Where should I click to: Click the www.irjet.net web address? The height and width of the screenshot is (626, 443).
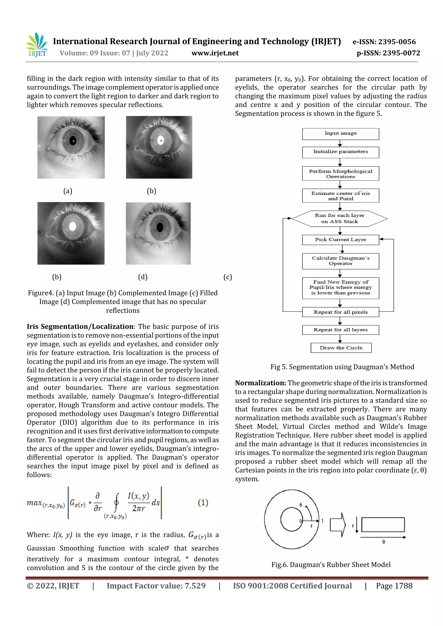coord(215,53)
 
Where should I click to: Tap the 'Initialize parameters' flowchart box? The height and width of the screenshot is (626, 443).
coord(340,152)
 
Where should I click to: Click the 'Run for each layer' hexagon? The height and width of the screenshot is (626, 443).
coord(340,218)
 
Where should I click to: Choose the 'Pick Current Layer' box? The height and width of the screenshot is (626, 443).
coord(340,240)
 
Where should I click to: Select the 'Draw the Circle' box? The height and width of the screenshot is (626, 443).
coord(341,348)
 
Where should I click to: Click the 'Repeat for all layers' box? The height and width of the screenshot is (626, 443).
coord(340,330)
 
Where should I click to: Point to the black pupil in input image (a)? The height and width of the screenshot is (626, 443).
coord(73,141)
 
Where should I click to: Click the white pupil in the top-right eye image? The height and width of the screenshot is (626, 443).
coord(161,140)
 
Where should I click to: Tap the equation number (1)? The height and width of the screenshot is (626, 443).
coord(203,502)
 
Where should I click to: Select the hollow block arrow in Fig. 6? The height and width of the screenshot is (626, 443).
coord(338,525)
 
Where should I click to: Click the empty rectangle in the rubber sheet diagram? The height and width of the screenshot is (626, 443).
coord(383,525)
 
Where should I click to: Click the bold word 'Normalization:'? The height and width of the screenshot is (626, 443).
coord(260,383)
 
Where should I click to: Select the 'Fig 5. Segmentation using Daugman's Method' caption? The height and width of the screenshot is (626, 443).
coord(342,367)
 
